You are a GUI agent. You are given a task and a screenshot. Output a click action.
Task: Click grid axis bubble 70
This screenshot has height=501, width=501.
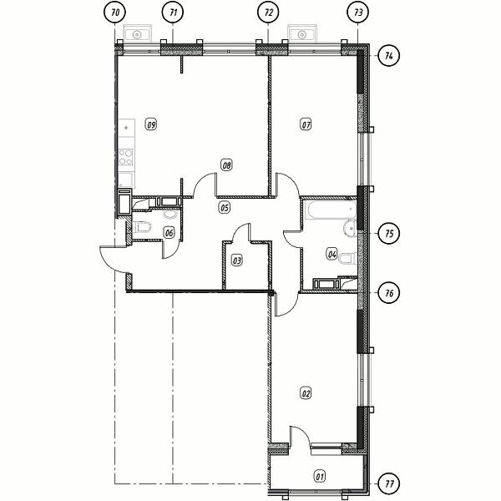pyautogui.click(x=115, y=13)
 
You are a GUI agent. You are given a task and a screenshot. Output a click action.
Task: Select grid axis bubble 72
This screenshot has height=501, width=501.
pyautogui.click(x=268, y=13)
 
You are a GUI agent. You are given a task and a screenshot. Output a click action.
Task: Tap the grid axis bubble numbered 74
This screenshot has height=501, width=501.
pyautogui.click(x=389, y=56)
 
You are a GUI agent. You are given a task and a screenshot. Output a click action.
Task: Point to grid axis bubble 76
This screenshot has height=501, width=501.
pyautogui.click(x=389, y=293)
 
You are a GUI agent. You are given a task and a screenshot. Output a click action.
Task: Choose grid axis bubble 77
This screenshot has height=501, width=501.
pyautogui.click(x=389, y=483)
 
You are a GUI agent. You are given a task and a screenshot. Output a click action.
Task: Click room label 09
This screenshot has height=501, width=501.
pyautogui.click(x=151, y=124)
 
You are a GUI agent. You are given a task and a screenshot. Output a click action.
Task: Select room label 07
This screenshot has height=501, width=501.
pyautogui.click(x=306, y=124)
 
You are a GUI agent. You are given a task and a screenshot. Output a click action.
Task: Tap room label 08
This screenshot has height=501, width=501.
pyautogui.click(x=226, y=165)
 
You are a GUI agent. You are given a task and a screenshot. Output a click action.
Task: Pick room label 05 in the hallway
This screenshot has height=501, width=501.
pyautogui.click(x=225, y=207)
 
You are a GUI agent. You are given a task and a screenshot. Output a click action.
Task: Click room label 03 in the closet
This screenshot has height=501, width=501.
pyautogui.click(x=237, y=261)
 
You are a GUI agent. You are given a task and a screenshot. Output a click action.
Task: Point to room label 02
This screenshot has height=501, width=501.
pyautogui.click(x=306, y=393)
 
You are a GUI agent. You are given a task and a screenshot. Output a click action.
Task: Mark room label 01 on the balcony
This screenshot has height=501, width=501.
pyautogui.click(x=320, y=477)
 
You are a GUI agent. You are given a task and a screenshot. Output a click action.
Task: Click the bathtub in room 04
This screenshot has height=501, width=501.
pyautogui.click(x=331, y=210)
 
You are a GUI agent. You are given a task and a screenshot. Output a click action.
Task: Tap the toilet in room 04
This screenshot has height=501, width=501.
pyautogui.click(x=347, y=259)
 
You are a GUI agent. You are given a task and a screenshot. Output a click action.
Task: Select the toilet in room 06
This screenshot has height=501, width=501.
pyautogui.click(x=142, y=227)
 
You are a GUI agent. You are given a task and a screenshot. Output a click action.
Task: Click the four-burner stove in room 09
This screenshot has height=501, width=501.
pyautogui.click(x=125, y=157)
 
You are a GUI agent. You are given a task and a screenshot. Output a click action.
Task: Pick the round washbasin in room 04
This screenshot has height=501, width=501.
pyautogui.click(x=350, y=228)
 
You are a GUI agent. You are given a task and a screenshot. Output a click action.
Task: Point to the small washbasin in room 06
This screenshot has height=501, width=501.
pyautogui.click(x=170, y=214)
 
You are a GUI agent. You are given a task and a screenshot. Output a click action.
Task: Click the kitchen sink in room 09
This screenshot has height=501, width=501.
pyautogui.click(x=126, y=128)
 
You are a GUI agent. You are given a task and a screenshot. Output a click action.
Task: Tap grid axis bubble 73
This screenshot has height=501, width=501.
pyautogui.click(x=358, y=13)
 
